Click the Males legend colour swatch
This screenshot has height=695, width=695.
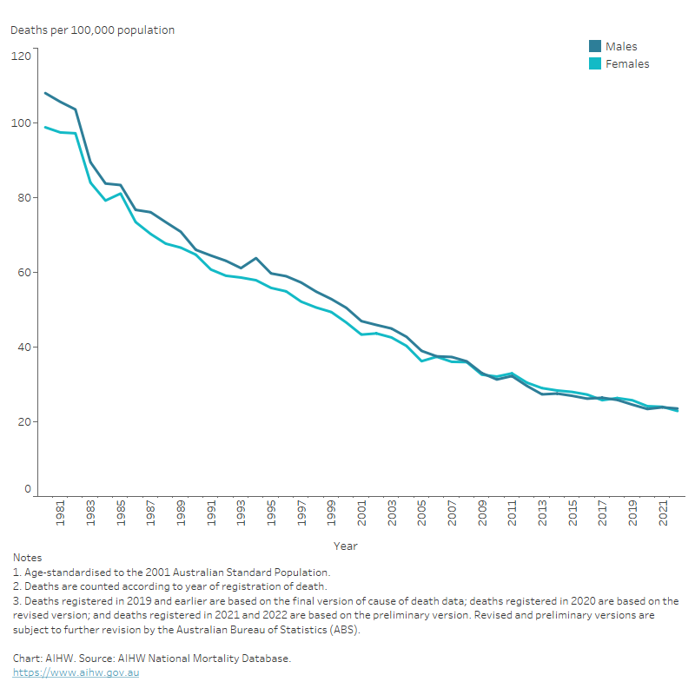(595, 47)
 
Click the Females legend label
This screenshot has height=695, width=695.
(627, 64)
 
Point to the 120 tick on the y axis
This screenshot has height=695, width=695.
(22, 56)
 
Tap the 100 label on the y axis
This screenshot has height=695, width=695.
(22, 123)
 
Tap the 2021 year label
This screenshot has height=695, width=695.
(663, 516)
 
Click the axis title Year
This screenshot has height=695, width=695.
(345, 546)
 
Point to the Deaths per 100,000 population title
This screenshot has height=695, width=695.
(92, 30)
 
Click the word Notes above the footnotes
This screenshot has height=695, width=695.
(27, 558)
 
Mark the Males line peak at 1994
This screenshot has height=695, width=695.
(255, 258)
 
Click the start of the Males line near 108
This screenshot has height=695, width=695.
(45, 93)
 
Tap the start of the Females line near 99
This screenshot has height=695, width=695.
(45, 128)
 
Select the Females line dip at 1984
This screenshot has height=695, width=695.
(105, 201)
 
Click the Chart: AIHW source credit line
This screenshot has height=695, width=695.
(152, 659)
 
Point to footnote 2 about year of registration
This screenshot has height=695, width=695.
(169, 586)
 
